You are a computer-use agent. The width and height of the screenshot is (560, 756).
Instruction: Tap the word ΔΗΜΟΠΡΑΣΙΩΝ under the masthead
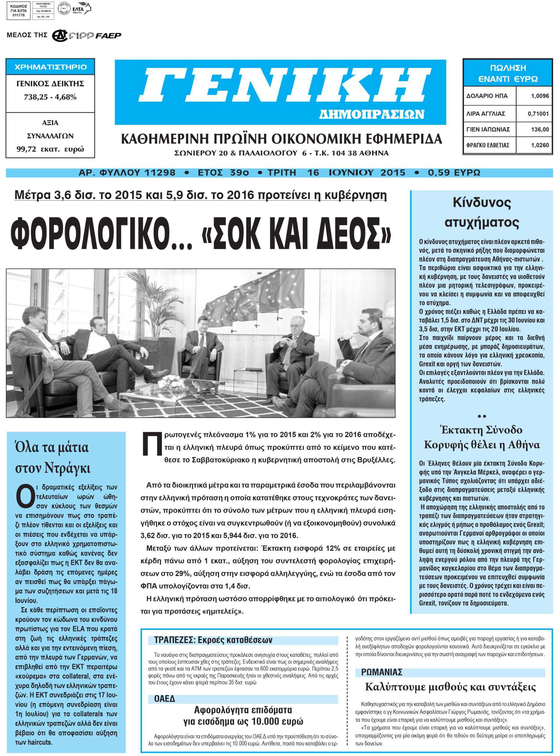(x=371, y=115)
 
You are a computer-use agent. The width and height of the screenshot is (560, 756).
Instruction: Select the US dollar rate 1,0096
(x=540, y=96)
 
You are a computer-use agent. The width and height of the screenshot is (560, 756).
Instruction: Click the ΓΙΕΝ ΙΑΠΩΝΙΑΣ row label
(x=488, y=129)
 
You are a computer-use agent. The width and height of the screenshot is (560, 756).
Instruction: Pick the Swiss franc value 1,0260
(x=540, y=145)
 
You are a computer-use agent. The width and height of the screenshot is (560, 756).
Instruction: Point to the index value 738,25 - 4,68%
(x=50, y=97)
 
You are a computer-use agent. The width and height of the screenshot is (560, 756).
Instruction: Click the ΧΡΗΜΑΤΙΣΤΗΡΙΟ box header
(x=51, y=67)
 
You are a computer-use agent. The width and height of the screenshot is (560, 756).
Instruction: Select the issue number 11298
(x=160, y=173)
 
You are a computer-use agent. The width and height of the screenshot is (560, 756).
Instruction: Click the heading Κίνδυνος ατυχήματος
(x=481, y=212)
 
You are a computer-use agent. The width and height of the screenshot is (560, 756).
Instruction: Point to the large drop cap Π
(x=152, y=444)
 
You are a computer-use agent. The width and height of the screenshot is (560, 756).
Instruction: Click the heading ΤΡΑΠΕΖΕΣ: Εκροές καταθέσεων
(x=213, y=640)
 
